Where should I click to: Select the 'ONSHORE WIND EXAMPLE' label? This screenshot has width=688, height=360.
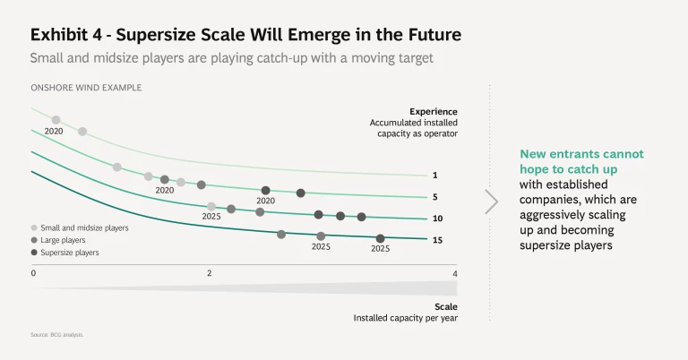click(86, 88)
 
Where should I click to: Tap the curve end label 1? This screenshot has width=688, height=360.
click(434, 176)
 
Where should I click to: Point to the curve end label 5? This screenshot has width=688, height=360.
click(434, 197)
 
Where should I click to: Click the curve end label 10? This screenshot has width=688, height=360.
click(436, 219)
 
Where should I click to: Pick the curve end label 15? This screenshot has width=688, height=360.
click(436, 240)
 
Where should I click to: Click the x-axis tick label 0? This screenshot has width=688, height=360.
click(33, 273)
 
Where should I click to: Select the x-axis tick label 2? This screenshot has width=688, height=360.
click(210, 273)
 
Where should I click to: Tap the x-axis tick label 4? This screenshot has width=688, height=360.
click(455, 273)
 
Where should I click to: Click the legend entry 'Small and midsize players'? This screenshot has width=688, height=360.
click(84, 227)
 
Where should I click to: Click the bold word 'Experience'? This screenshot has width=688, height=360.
click(434, 111)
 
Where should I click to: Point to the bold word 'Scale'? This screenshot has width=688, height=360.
click(445, 305)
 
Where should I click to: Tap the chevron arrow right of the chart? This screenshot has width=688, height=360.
click(491, 201)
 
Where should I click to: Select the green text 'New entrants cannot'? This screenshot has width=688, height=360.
click(581, 154)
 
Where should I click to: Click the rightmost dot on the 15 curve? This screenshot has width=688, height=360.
click(381, 238)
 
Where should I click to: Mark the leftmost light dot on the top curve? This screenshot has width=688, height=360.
click(56, 119)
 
